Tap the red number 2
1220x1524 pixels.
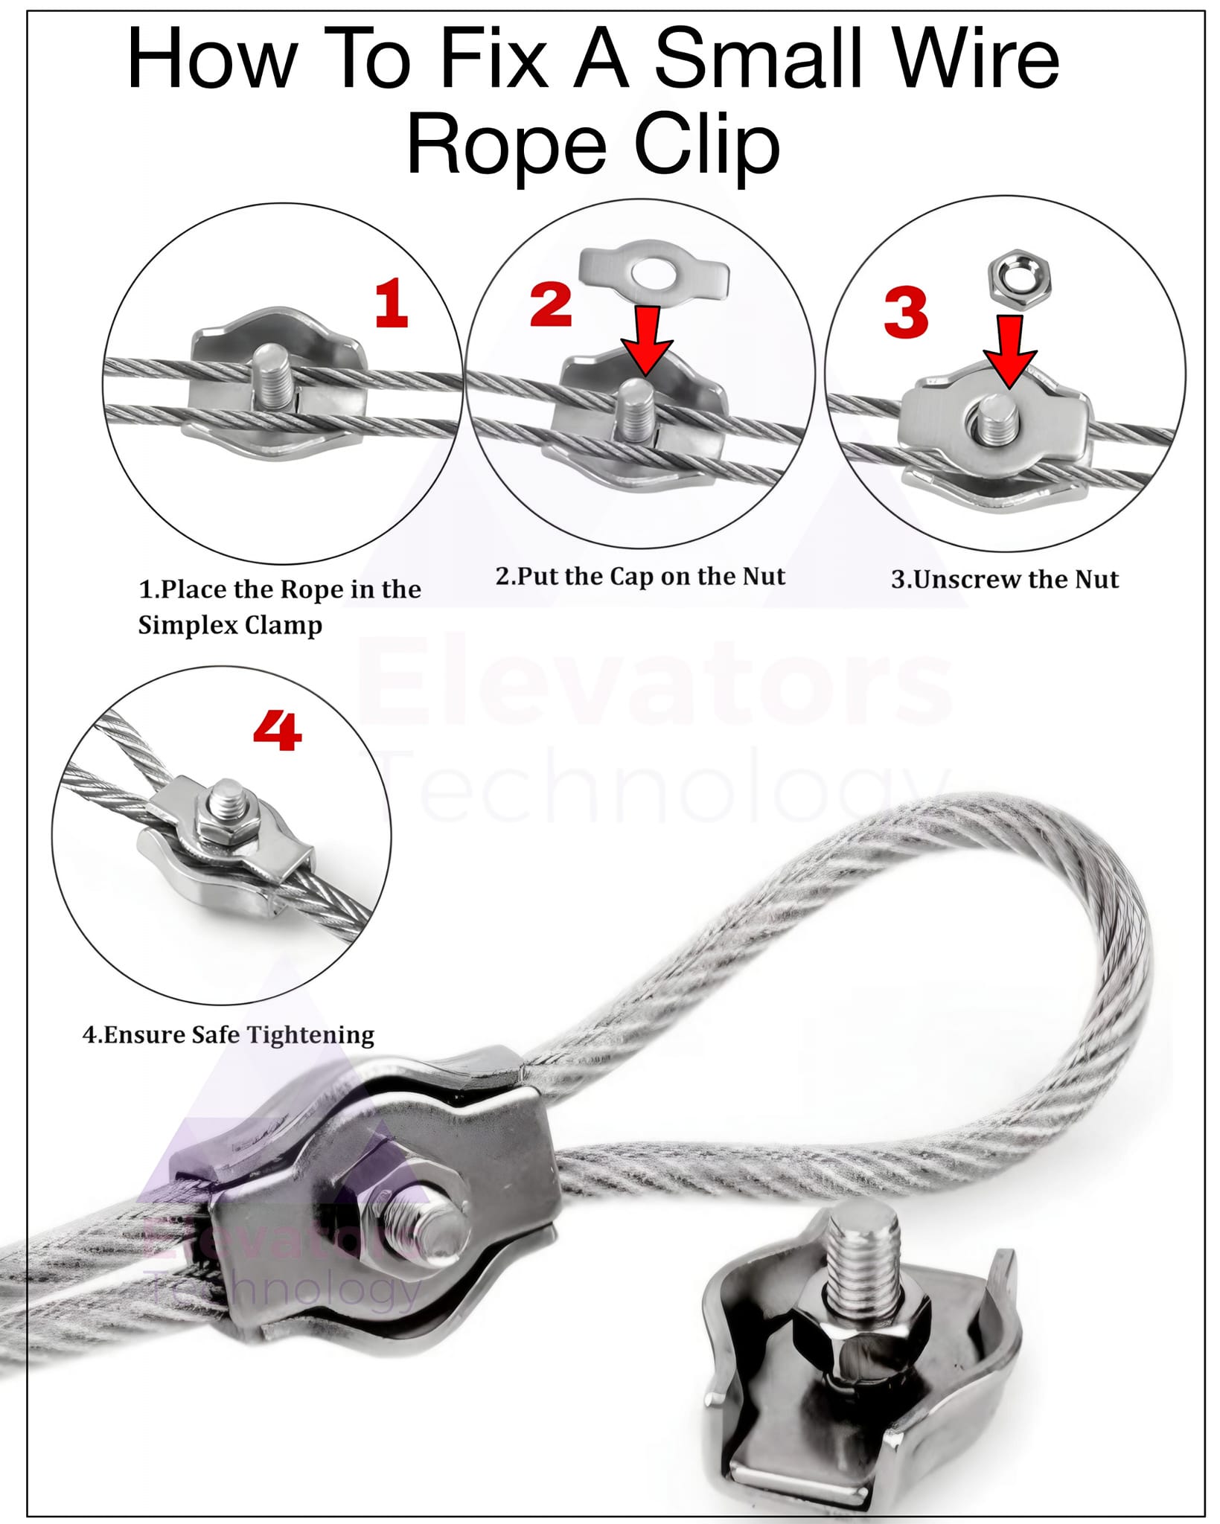tap(551, 304)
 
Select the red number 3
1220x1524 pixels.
tap(906, 312)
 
